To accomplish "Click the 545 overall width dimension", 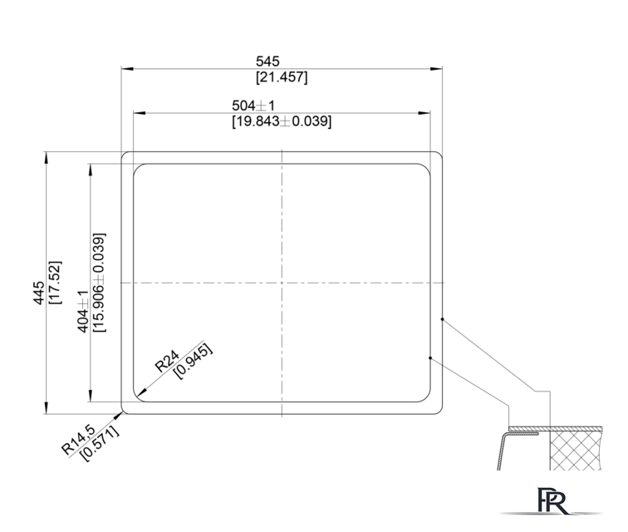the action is click(267, 62).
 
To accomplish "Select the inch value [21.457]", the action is click(282, 76).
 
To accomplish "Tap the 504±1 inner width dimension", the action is click(253, 106).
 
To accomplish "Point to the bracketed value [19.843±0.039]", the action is click(282, 121).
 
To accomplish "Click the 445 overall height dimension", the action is click(39, 293).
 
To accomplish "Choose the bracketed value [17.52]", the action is click(55, 283).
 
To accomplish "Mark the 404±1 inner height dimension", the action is click(82, 312).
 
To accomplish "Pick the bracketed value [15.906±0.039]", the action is click(99, 283).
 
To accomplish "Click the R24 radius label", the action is click(167, 361).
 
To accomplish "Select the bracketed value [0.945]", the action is click(193, 362).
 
